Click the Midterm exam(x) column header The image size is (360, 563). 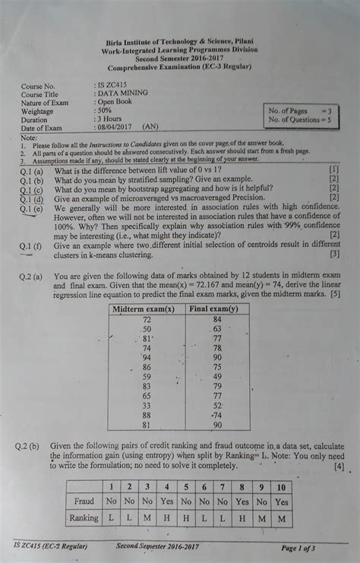click(144, 310)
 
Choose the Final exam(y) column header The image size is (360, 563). click(213, 310)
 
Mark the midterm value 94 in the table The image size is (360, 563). click(147, 356)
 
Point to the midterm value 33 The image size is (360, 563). click(146, 406)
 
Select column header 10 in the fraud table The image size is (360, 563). click(282, 487)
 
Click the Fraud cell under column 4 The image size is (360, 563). click(167, 501)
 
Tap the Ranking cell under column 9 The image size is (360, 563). click(261, 517)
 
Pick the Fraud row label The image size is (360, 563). click(84, 501)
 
